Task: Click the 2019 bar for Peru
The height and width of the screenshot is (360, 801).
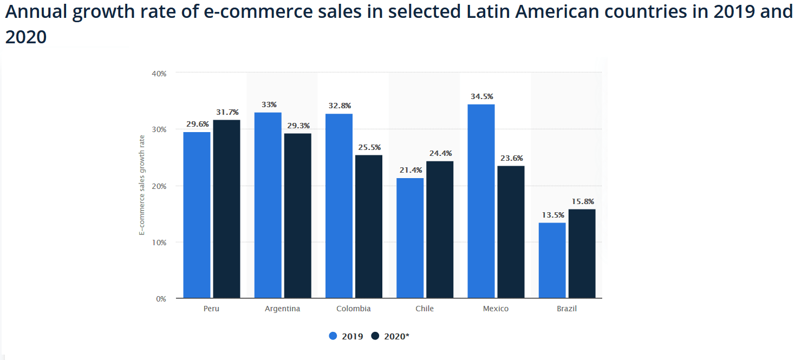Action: point(197,215)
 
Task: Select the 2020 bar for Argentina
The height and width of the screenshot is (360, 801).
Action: point(297,215)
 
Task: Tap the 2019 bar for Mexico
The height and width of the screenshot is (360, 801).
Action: point(481,201)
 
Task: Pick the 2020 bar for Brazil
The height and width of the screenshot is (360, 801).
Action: point(582,253)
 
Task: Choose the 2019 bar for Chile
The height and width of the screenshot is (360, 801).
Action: point(410,238)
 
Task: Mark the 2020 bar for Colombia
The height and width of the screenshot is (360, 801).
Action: point(368,226)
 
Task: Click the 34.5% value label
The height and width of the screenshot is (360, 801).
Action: point(482,96)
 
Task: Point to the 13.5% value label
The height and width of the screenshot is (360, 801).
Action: point(552,215)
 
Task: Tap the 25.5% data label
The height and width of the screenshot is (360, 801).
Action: point(369,147)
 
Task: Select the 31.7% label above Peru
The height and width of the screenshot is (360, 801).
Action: point(226,112)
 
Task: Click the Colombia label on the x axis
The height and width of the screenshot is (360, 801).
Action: point(354,309)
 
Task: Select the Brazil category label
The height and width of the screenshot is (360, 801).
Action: point(566,309)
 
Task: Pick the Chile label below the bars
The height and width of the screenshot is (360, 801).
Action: point(425,309)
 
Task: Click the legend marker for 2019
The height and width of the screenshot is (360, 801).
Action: point(333,336)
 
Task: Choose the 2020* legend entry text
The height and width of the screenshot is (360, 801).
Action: point(396,336)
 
